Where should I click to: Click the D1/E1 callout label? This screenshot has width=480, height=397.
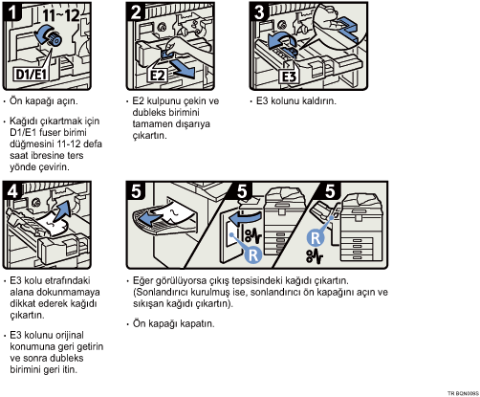[32, 74]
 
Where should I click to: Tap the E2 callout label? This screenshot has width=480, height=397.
[158, 76]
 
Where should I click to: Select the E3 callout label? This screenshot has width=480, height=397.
[290, 77]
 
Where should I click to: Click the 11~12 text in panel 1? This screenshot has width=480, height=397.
[61, 14]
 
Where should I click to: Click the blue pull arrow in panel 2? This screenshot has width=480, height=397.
[182, 69]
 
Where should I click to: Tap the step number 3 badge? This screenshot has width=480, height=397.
[259, 12]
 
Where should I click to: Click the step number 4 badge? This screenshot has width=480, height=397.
[12, 191]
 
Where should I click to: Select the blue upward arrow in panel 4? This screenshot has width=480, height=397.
[62, 210]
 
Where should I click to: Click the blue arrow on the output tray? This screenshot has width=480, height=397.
[151, 218]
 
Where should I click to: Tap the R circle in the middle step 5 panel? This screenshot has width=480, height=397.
[253, 254]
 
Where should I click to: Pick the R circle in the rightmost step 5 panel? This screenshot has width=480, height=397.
[316, 238]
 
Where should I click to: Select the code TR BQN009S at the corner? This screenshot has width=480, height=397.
[463, 393]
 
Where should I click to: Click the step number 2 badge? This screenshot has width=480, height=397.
[136, 12]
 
